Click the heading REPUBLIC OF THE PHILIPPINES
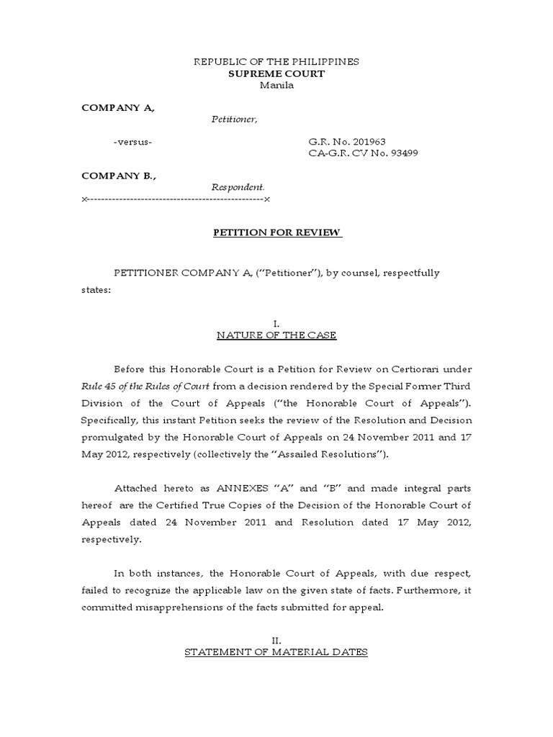pyautogui.click(x=276, y=62)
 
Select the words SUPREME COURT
pyautogui.click(x=276, y=73)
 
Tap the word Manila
pyautogui.click(x=276, y=85)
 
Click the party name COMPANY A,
pyautogui.click(x=118, y=107)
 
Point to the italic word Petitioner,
pyautogui.click(x=234, y=119)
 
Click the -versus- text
pyautogui.click(x=132, y=142)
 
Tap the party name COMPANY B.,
pyautogui.click(x=119, y=176)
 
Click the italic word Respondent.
pyautogui.click(x=233, y=187)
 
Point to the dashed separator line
pyautogui.click(x=176, y=199)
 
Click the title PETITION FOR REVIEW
pyautogui.click(x=276, y=232)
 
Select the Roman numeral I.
pyautogui.click(x=276, y=324)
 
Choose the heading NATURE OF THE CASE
pyautogui.click(x=276, y=335)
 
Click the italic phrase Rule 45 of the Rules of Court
pyautogui.click(x=145, y=386)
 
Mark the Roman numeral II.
pyautogui.click(x=276, y=641)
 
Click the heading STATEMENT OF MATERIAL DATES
pyautogui.click(x=276, y=652)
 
